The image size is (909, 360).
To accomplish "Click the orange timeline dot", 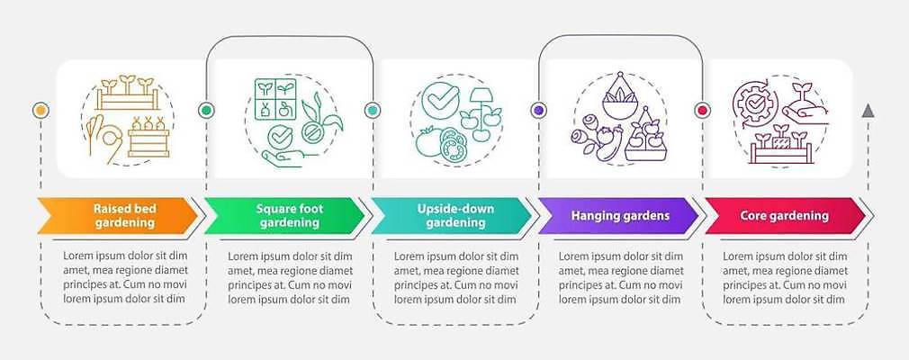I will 40,110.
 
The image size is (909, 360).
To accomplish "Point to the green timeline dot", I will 206,110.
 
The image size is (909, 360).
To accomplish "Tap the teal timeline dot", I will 372,110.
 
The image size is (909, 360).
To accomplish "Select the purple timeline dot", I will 538,110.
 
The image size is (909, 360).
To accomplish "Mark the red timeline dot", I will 703,110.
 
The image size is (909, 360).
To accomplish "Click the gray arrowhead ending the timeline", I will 868,111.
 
